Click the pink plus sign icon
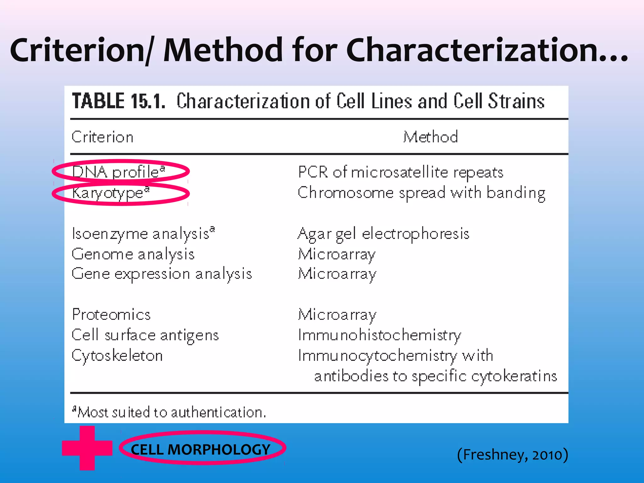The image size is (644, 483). point(87,448)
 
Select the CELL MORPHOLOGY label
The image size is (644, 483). point(201,449)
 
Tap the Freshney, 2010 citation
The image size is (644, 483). point(513,455)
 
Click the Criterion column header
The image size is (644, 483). point(103,137)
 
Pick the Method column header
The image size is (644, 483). point(430,137)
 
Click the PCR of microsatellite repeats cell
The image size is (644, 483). point(400,172)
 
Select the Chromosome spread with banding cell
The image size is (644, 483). point(421,193)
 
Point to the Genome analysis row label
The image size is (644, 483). point(133,254)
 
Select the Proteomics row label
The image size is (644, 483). point(111,315)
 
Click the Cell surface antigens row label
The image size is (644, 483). point(145,335)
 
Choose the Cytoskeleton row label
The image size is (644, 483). point(117,356)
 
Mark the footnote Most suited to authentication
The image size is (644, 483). point(170,412)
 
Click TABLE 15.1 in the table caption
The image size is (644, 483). point(119,101)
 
